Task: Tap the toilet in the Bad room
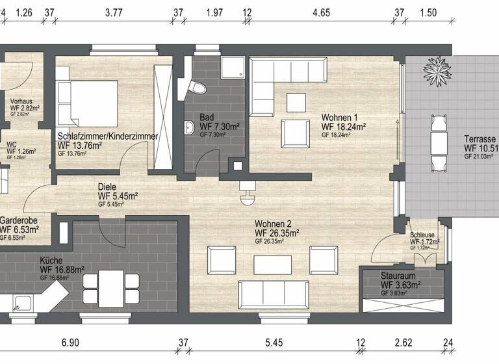click(196, 87)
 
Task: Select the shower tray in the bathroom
click(231, 68)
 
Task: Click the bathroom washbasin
click(189, 127)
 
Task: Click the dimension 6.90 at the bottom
click(70, 342)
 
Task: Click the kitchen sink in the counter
click(24, 302)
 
